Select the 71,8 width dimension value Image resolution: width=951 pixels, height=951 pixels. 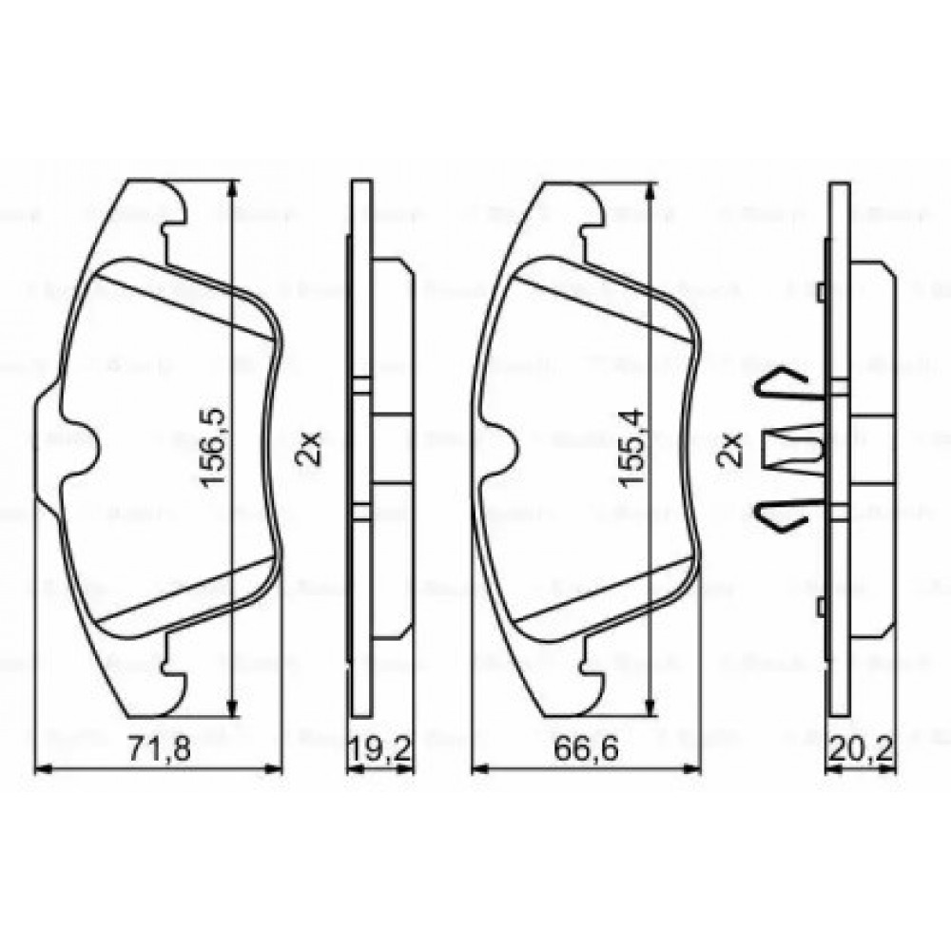click(159, 749)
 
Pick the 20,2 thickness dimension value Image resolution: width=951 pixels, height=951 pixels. click(860, 749)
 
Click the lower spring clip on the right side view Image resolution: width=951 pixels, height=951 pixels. click(782, 514)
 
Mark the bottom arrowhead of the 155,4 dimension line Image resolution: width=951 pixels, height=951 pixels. click(650, 705)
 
